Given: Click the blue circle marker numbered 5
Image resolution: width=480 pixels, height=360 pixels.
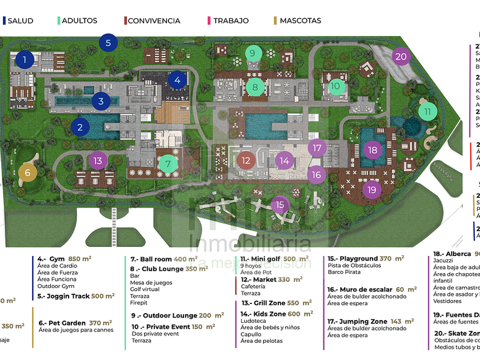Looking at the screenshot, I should [x=108, y=42].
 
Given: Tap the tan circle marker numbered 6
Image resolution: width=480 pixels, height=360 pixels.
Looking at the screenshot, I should [x=27, y=173].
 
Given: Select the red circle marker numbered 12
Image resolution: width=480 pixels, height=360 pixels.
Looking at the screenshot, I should [x=246, y=161].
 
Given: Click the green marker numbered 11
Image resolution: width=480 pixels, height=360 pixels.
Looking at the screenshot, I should [x=427, y=111].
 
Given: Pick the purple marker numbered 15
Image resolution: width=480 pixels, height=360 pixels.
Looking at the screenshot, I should [x=279, y=204].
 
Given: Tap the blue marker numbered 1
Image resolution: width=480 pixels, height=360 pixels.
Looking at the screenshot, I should [x=25, y=59].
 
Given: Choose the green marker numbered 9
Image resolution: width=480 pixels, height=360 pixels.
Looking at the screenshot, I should [x=253, y=54].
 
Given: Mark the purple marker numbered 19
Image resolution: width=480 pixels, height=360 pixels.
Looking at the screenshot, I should [x=373, y=190].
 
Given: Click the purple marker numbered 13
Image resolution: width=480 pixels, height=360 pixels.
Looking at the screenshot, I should [x=98, y=161].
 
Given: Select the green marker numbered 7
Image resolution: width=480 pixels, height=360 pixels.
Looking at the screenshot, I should [x=168, y=164].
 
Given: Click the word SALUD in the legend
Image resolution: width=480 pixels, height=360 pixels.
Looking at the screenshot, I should [x=20, y=21].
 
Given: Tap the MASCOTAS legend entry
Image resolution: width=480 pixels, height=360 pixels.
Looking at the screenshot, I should [x=300, y=21].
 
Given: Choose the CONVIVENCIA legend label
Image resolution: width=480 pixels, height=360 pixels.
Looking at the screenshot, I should [x=154, y=21].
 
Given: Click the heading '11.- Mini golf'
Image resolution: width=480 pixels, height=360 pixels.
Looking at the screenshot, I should [x=263, y=259].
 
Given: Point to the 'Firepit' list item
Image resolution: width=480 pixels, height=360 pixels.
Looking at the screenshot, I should [x=139, y=303].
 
